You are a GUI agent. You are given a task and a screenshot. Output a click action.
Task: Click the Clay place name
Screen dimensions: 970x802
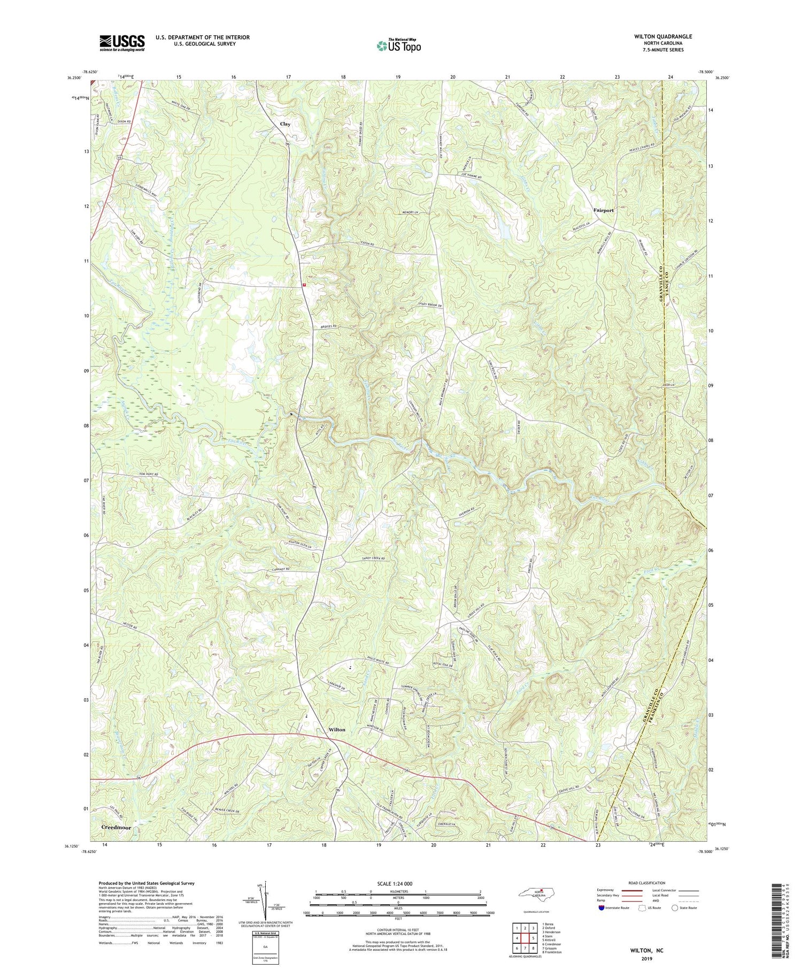[285, 124]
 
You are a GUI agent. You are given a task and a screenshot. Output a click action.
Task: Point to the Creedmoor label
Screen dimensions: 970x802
[116, 827]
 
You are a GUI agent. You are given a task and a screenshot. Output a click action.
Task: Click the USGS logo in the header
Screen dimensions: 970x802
[122, 43]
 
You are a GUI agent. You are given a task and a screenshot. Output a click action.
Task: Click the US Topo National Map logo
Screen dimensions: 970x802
[399, 45]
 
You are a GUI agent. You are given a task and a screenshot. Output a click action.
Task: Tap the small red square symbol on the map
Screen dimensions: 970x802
[304, 285]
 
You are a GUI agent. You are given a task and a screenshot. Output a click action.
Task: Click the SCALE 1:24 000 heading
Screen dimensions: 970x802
[397, 883]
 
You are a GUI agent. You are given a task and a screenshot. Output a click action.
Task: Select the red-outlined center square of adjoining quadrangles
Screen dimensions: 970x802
[533, 937]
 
